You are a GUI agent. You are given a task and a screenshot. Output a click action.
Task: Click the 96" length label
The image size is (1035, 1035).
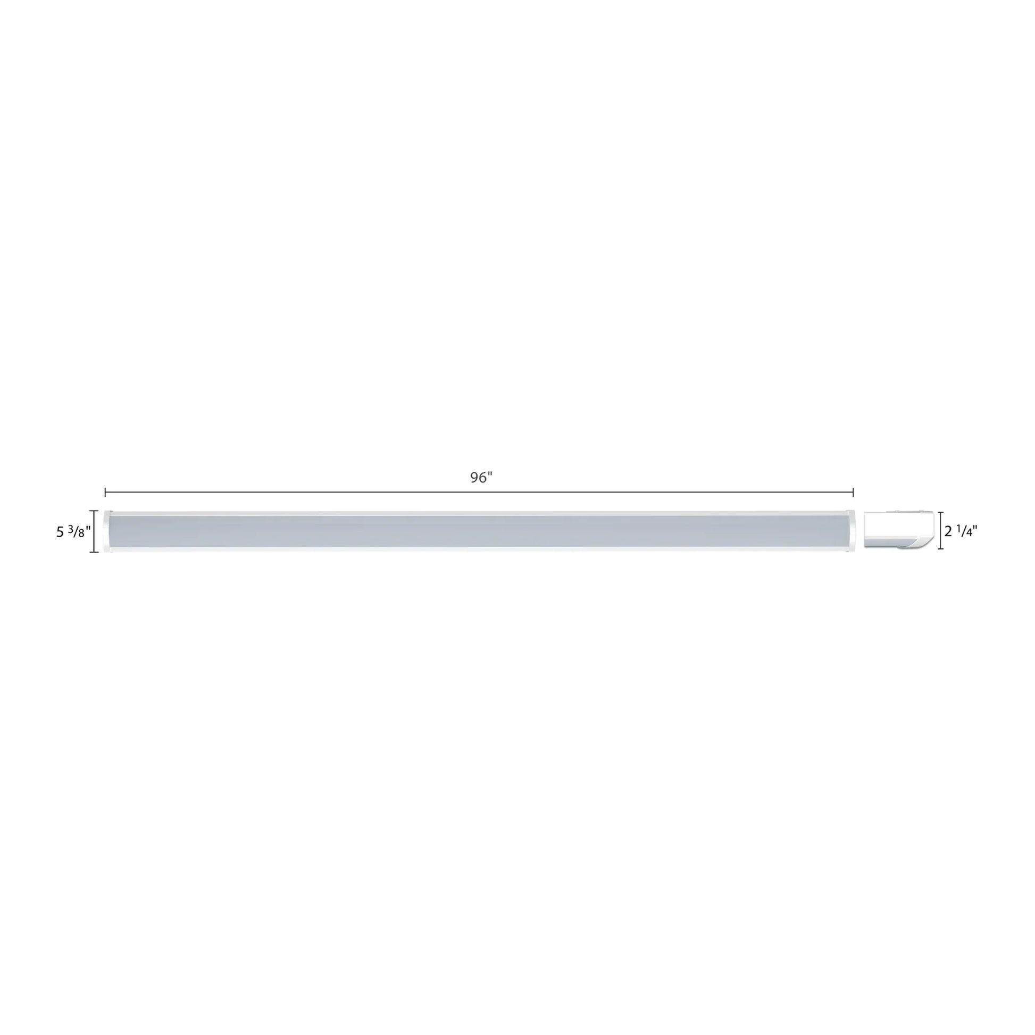click(x=481, y=477)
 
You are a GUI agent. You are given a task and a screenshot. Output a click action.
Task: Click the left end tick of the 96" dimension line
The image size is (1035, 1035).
click(x=105, y=491)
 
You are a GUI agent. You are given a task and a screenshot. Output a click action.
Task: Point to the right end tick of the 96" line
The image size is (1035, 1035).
click(x=853, y=491)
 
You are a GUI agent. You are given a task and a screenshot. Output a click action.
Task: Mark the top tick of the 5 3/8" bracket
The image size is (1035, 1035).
click(x=94, y=511)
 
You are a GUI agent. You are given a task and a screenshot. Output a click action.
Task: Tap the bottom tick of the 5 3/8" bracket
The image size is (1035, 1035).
click(x=94, y=552)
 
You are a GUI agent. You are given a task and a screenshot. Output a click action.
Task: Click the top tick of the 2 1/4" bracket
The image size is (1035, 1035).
click(x=941, y=513)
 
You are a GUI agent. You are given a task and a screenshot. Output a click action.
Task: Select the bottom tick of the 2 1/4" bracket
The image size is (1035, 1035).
click(x=941, y=549)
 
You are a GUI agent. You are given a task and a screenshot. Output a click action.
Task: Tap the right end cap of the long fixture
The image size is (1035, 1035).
click(x=852, y=531)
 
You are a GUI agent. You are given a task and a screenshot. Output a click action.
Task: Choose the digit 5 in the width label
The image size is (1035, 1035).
click(x=60, y=532)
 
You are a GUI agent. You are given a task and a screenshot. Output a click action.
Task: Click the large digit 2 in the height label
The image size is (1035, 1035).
click(x=948, y=532)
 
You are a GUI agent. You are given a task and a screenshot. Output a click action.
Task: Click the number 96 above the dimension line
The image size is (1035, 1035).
click(x=478, y=477)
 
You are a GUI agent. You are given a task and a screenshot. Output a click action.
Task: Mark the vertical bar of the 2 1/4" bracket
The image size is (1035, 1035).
click(x=941, y=531)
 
